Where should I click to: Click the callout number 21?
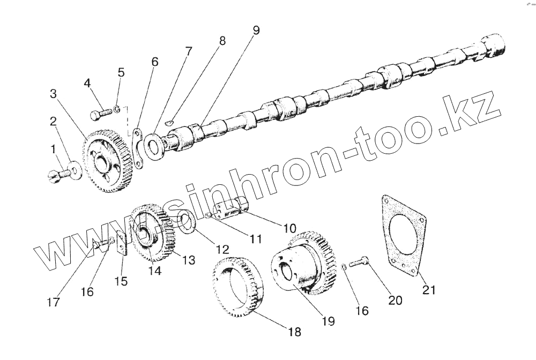pyautogui.click(x=429, y=290)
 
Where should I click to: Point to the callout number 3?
pyautogui.click(x=53, y=94)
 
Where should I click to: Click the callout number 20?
pyautogui.click(x=394, y=301)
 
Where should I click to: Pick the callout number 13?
pyautogui.click(x=188, y=260)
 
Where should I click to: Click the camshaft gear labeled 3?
pyautogui.click(x=107, y=161)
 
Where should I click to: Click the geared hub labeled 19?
pyautogui.click(x=300, y=268)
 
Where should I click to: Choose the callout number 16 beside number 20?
pyautogui.click(x=362, y=311)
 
